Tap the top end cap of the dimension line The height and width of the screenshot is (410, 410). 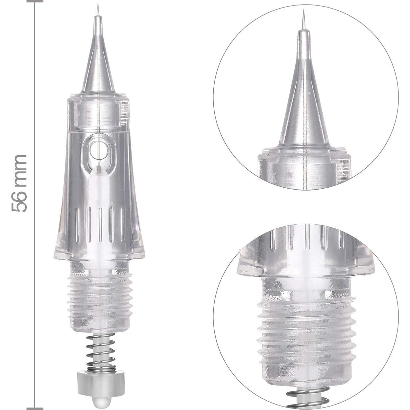pos(35,1)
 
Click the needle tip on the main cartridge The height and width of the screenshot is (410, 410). pos(97,4)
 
